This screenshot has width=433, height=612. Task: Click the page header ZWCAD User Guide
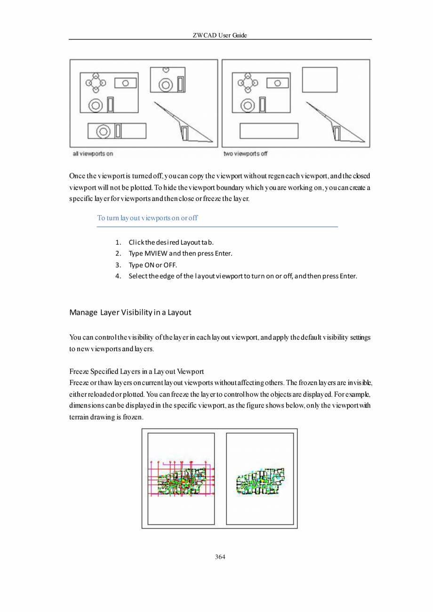click(x=220, y=35)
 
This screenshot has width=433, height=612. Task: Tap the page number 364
click(x=220, y=557)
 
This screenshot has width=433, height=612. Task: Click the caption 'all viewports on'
click(x=93, y=153)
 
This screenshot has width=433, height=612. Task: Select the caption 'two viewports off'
click(x=245, y=153)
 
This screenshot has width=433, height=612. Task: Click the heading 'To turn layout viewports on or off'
click(x=147, y=218)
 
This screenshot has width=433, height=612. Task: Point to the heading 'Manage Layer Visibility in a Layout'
click(x=130, y=312)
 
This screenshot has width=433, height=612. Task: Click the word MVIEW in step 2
click(x=152, y=254)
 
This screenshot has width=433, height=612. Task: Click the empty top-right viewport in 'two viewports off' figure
click(x=320, y=80)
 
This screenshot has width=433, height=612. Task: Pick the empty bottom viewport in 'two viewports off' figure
click(x=269, y=131)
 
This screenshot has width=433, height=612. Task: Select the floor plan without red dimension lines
click(x=260, y=482)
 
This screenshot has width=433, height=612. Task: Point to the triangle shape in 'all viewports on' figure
click(x=184, y=123)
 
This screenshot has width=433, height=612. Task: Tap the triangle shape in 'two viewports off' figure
click(x=337, y=123)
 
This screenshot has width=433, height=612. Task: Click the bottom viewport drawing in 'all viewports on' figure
click(x=117, y=131)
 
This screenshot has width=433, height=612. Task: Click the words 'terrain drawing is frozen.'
click(x=106, y=418)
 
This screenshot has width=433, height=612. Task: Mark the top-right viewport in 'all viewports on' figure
click(x=168, y=81)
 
